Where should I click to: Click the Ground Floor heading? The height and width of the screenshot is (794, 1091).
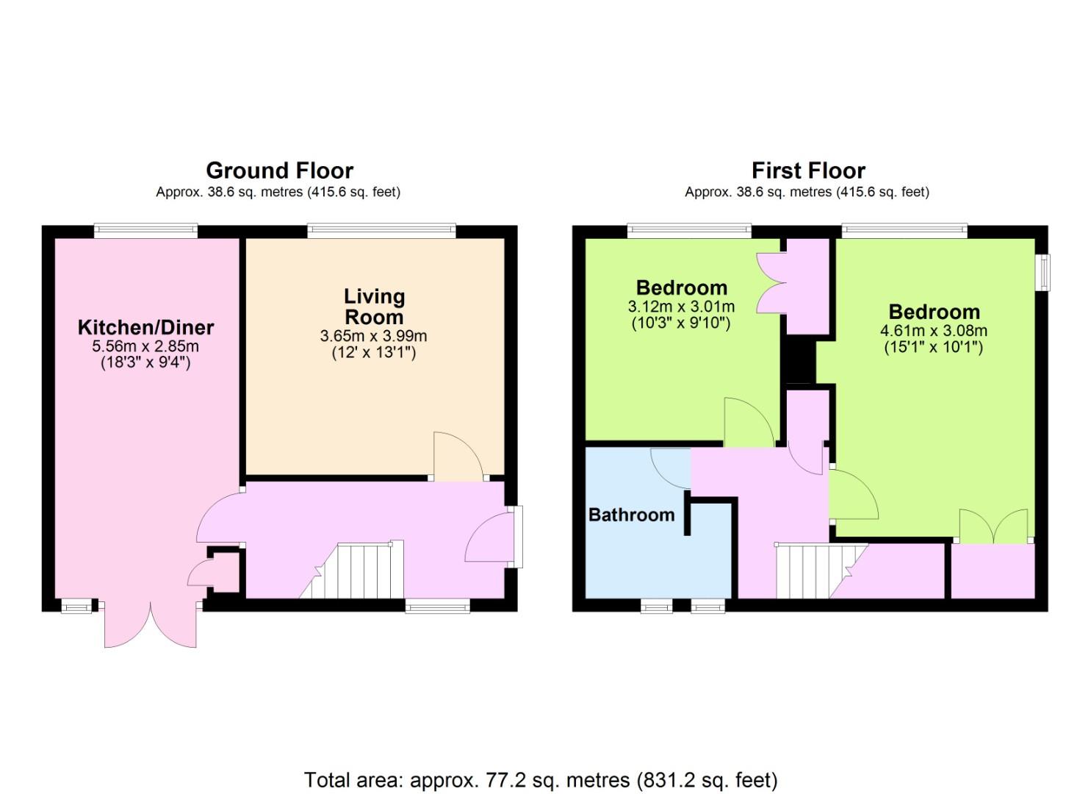pos(280,171)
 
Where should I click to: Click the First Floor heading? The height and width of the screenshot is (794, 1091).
pos(808,171)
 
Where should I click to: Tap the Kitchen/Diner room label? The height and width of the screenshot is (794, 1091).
pos(145,328)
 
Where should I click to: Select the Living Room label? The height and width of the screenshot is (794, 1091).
pos(374,307)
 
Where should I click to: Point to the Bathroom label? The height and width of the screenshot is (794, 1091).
pos(632,515)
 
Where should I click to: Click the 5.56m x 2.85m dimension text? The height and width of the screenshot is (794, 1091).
pos(145,346)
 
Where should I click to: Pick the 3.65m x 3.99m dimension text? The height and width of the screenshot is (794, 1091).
pos(373,336)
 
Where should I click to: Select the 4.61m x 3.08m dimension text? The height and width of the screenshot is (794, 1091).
pos(934,331)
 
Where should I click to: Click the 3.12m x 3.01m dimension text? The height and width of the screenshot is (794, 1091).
pos(681,307)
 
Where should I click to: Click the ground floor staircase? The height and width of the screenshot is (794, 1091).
pos(352,570)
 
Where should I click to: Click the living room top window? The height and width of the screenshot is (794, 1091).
pos(381,231)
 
